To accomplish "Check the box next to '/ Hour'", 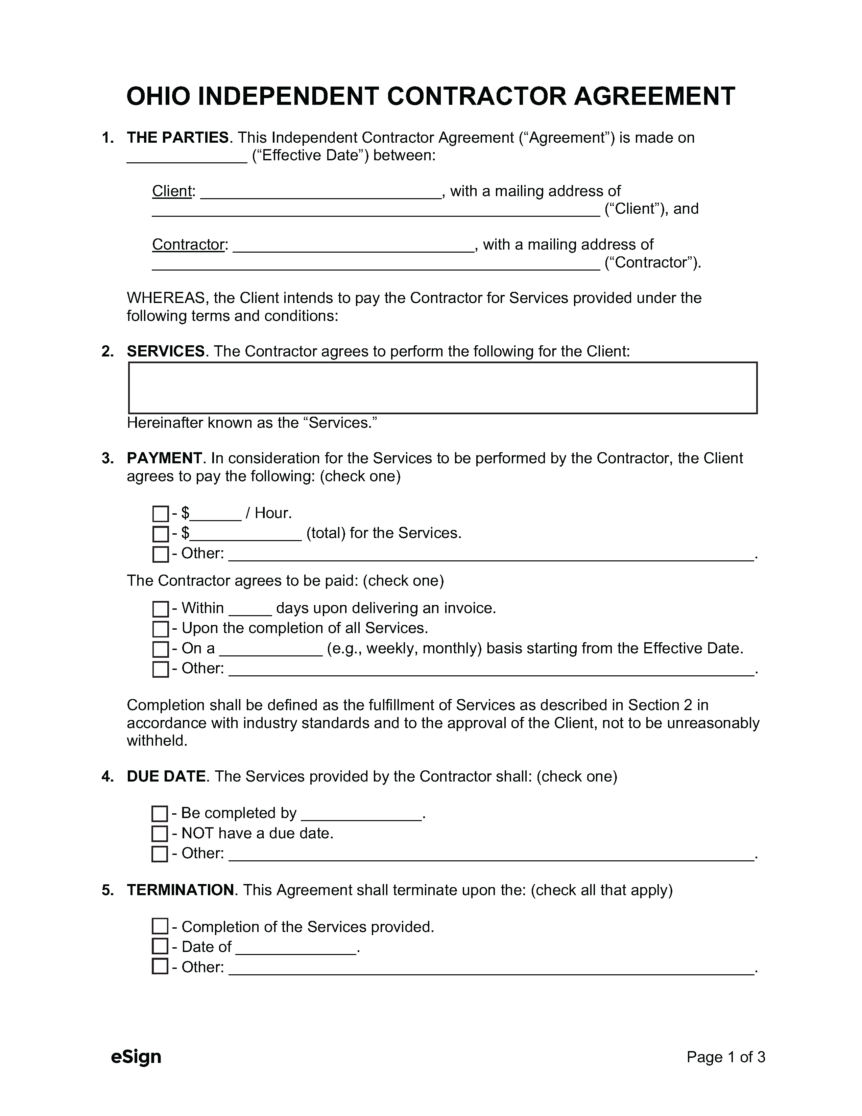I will pyautogui.click(x=160, y=514).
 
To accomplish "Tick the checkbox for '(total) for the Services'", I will pyautogui.click(x=160, y=534).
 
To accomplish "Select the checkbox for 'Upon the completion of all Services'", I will pyautogui.click(x=160, y=629).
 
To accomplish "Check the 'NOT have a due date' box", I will pyautogui.click(x=160, y=834).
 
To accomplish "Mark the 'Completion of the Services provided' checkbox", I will pyautogui.click(x=160, y=926).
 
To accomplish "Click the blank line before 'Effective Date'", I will pyautogui.click(x=187, y=156).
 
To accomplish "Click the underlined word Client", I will pyautogui.click(x=172, y=191).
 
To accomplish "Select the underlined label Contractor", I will pyautogui.click(x=188, y=245).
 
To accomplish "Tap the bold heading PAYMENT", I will pyautogui.click(x=164, y=458).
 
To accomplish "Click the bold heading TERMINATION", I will pyautogui.click(x=180, y=890).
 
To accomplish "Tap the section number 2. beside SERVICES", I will pyautogui.click(x=107, y=352).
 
